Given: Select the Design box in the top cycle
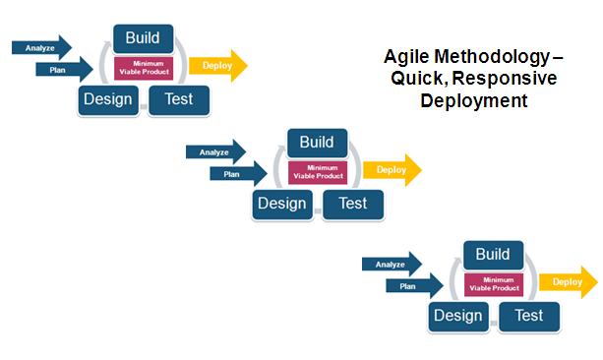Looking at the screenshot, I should (x=108, y=98).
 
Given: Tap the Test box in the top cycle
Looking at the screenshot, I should (x=178, y=98).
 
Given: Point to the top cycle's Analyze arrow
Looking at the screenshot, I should (x=41, y=47).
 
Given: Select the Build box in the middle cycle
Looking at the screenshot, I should (x=317, y=143).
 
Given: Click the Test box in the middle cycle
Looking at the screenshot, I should (x=352, y=203).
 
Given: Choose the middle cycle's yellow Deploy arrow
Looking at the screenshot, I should (x=392, y=169).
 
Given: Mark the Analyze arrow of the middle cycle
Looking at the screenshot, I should (x=215, y=151).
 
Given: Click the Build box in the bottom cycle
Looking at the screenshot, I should (x=493, y=255).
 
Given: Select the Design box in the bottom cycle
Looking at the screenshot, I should (x=458, y=316).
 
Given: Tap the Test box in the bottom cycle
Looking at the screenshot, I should (x=528, y=316).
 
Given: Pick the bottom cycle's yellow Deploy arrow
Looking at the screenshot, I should (x=569, y=282).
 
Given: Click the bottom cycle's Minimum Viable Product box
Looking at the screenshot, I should (x=493, y=284).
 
